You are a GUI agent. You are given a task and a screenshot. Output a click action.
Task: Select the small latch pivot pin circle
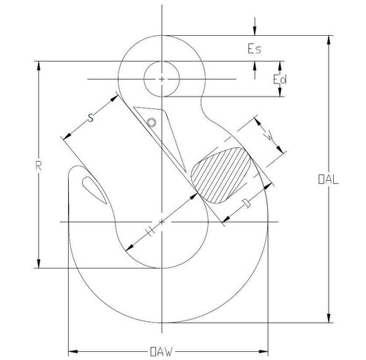[x=152, y=122]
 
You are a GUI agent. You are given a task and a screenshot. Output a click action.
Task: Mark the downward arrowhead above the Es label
[x=253, y=31]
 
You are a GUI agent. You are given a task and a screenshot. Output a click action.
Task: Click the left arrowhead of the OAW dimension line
[x=71, y=349]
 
